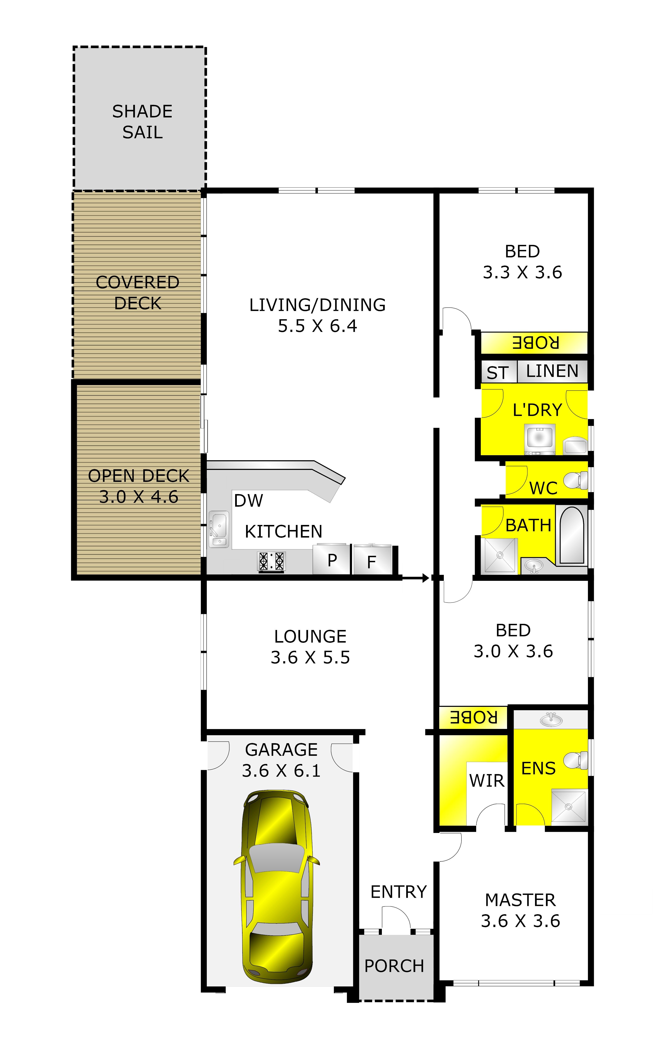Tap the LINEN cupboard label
click(552, 371)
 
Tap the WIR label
click(487, 781)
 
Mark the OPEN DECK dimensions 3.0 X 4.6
click(139, 497)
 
